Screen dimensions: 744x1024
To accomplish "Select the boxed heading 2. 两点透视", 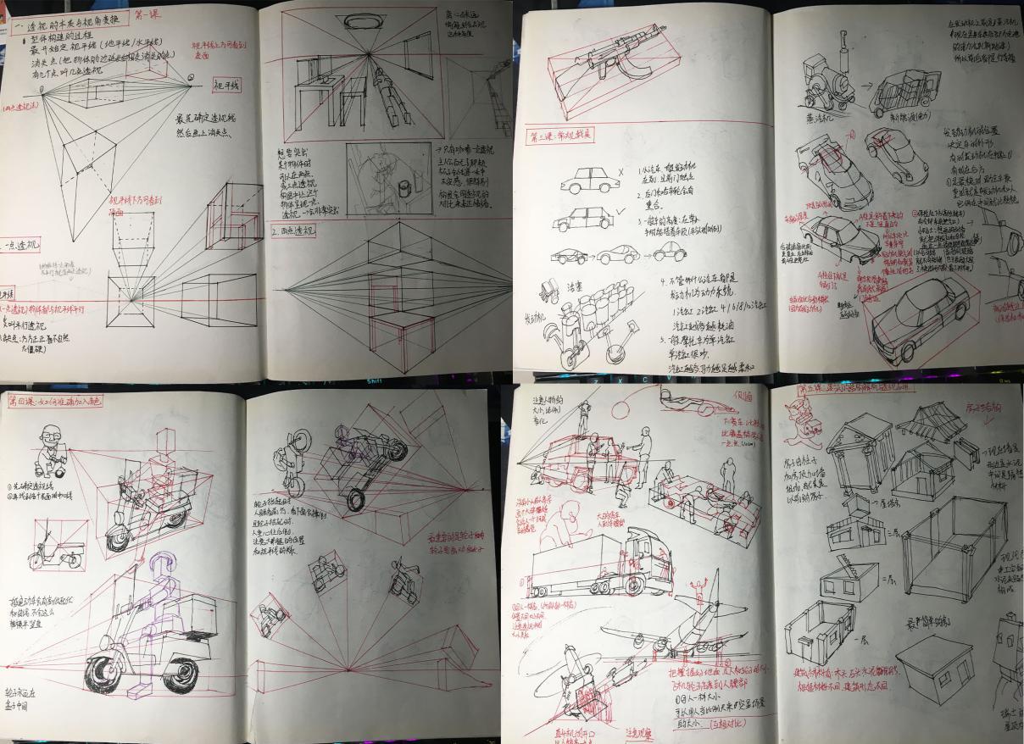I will click(292, 230).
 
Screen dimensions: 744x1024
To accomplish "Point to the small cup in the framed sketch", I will click(401, 184).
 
